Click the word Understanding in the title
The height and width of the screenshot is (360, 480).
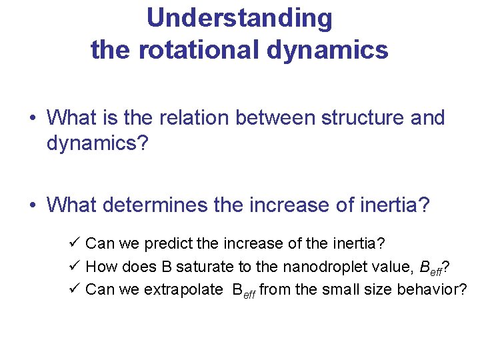pos(239,19)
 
